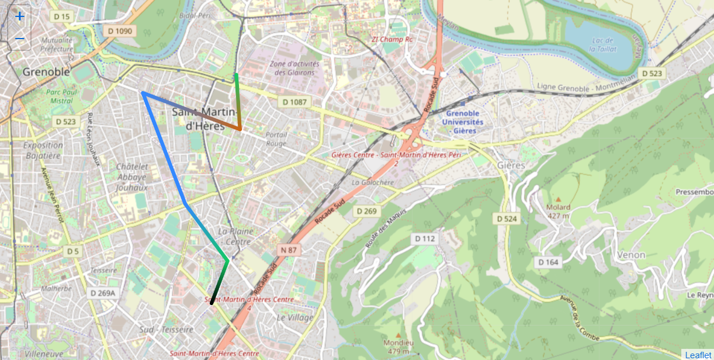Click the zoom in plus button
point(19,16)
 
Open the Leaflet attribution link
point(698,355)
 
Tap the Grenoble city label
point(46,72)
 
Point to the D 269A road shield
point(103,293)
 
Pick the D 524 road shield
point(507,219)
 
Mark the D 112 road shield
point(425,238)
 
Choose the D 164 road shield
point(547,262)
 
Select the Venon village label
point(631,255)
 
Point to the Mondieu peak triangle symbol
point(398,335)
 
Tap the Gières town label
point(511,165)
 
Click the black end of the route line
point(212,303)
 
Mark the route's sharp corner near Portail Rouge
point(240,129)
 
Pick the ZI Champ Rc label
point(392,40)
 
